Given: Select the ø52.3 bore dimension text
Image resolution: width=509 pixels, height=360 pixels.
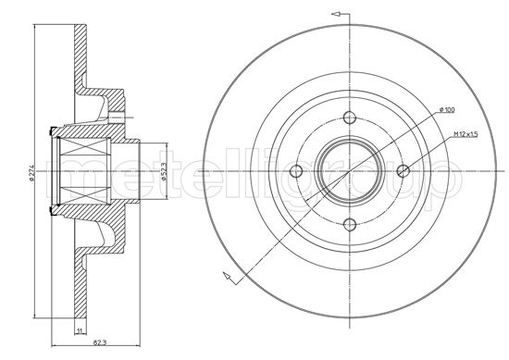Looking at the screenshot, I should click(165, 170).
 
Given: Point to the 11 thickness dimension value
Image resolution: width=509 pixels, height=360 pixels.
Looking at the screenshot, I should click(81, 330).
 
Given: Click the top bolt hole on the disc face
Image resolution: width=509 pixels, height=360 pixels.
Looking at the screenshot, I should click(349, 118).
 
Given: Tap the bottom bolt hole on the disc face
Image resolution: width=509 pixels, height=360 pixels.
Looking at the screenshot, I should click(349, 221).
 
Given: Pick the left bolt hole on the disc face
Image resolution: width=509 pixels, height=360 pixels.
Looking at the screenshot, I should click(297, 169).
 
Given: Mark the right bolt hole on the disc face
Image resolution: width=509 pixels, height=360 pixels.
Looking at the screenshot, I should click(401, 169).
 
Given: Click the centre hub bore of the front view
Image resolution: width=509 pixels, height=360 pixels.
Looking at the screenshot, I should click(349, 169).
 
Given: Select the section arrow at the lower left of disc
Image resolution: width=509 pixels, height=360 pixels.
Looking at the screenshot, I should click(225, 275).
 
